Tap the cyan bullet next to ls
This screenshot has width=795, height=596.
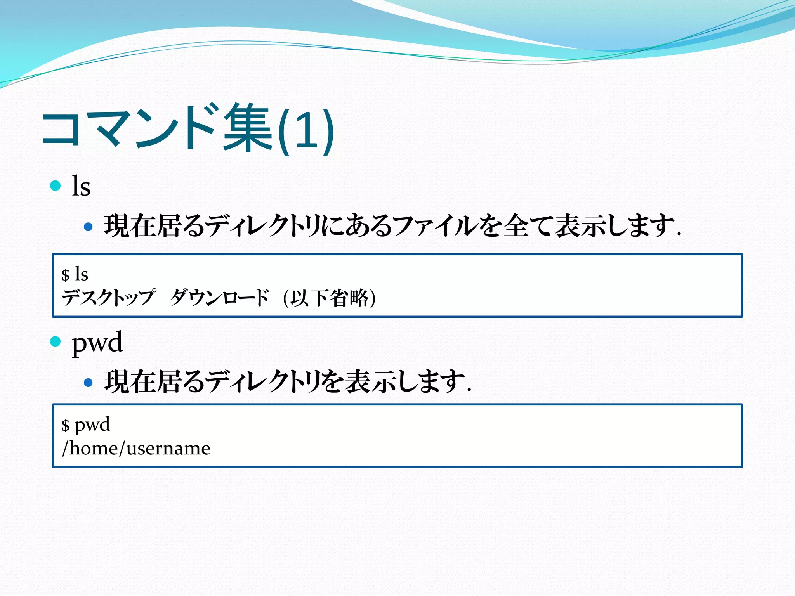coord(56,185)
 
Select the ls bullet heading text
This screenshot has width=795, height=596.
coord(81,186)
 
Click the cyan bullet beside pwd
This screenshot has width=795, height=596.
coord(56,341)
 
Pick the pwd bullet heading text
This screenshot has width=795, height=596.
coord(97,342)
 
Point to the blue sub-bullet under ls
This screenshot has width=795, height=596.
coord(89,227)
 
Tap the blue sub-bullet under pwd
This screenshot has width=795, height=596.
coord(89,383)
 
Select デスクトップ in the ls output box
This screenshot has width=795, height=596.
coord(108,298)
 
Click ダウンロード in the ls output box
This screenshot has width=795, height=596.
coord(219,298)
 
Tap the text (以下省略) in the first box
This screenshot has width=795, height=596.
coord(329,298)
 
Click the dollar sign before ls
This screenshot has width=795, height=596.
coord(66,275)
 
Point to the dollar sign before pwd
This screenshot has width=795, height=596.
coord(66,425)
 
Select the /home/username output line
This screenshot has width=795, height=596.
coord(136,449)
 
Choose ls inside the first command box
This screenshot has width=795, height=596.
coord(82,274)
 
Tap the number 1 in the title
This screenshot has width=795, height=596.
coord(306,130)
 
